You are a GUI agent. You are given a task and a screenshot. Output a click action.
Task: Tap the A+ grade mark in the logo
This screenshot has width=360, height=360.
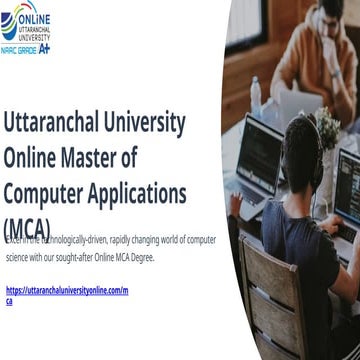(x=45, y=46)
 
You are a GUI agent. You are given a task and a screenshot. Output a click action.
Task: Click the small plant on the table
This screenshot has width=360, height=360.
(x=326, y=125)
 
